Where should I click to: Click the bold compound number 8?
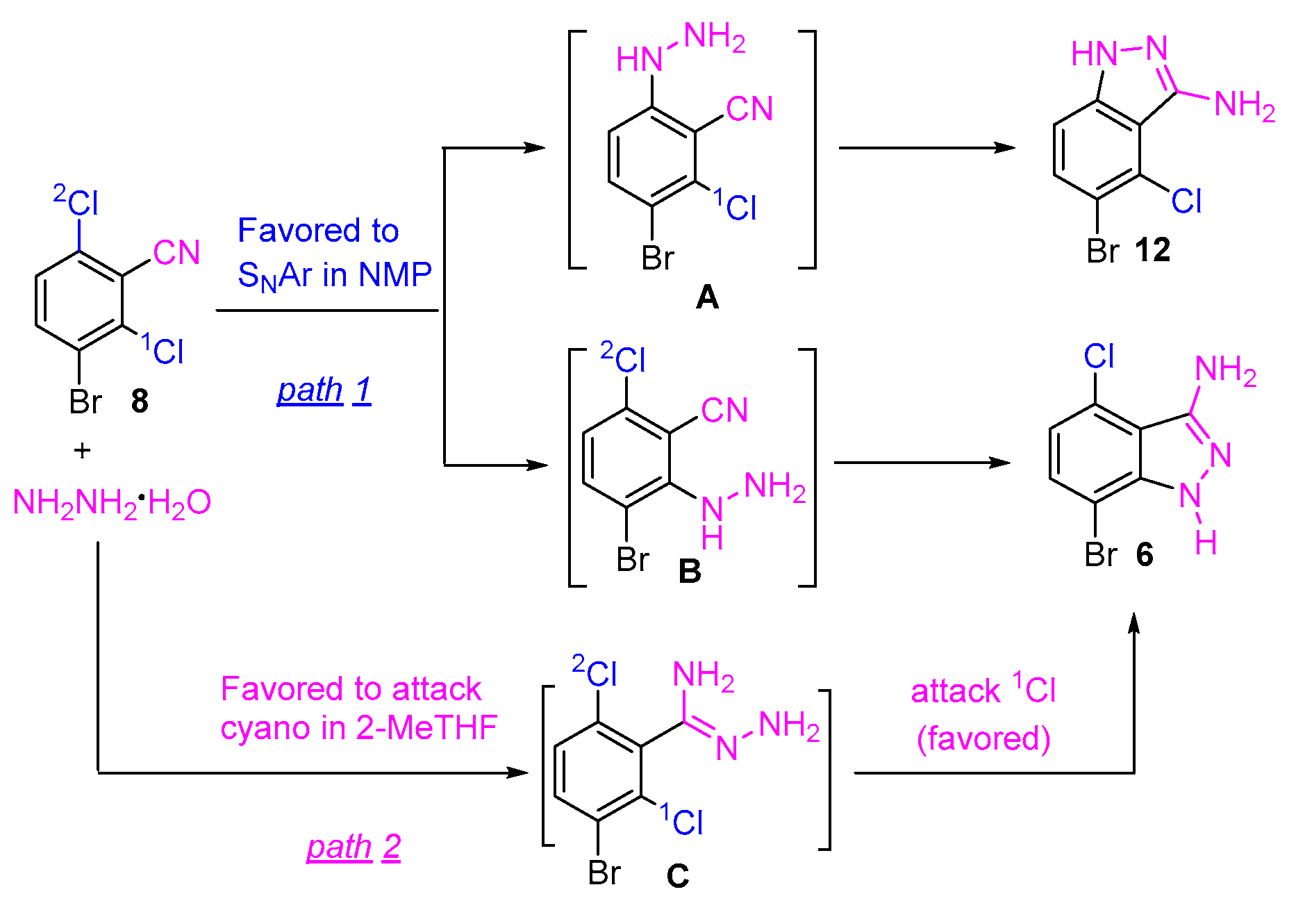point(140,401)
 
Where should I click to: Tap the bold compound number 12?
point(1153,250)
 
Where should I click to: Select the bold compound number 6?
point(1145,554)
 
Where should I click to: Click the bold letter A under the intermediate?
point(707,297)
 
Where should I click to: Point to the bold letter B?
point(690,571)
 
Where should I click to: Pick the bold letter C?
point(678,876)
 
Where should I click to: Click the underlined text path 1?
point(324,390)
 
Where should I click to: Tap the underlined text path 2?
point(354,847)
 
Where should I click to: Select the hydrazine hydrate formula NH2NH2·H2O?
point(112,502)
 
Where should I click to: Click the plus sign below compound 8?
point(82,451)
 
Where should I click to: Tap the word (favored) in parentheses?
point(983,738)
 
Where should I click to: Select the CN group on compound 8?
point(176,252)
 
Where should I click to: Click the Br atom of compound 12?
point(1103,251)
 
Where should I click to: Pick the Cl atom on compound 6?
point(1099,357)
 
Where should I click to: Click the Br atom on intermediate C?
point(604,873)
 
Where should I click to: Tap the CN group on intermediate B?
point(724,410)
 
